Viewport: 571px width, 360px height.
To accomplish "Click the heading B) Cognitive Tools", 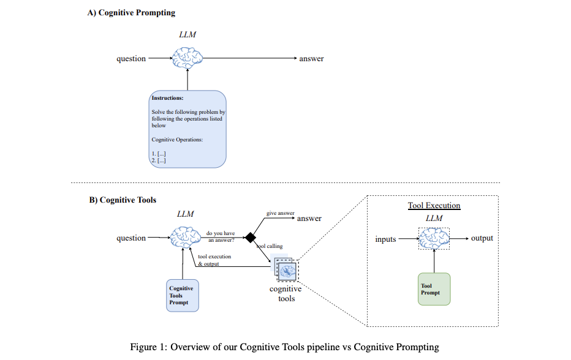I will coord(123,200).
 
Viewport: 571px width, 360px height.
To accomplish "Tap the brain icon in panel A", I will coord(187,59).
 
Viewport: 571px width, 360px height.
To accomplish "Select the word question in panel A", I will coord(131,59).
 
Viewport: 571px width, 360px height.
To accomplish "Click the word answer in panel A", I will coord(311,59).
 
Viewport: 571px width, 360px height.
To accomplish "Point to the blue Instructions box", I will coord(188,129).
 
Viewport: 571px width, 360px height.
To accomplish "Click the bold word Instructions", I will coord(167,97).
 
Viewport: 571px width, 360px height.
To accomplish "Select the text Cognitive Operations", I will coord(177,140).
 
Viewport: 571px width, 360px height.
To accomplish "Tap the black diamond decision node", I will coord(250,238).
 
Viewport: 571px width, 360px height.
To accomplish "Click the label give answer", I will coord(280,213).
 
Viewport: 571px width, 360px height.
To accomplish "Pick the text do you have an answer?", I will coord(221,236).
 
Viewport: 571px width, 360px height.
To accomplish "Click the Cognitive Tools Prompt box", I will coord(183,296).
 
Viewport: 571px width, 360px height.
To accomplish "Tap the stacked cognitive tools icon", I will coord(285,269).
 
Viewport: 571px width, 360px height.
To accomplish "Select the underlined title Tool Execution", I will coord(434,206).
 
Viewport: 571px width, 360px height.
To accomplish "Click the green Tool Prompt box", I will coord(434,288).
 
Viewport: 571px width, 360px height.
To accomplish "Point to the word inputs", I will coord(385,239).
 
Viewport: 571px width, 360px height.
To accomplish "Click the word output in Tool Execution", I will coord(482,238).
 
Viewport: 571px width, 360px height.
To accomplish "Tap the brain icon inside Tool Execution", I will coord(434,238).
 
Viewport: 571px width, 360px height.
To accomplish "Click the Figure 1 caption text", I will coord(284,347).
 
